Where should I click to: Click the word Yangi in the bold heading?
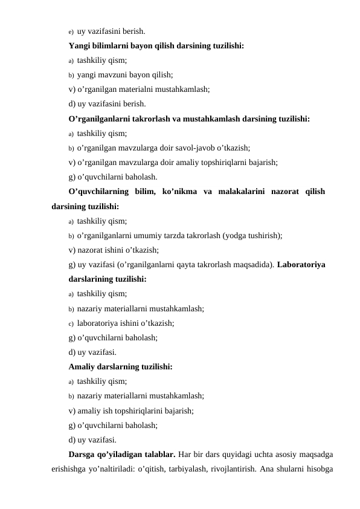(x=80, y=45)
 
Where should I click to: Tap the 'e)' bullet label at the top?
(x=71, y=31)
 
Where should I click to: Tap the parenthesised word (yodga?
(x=236, y=235)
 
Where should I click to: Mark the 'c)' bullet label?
(x=71, y=323)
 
